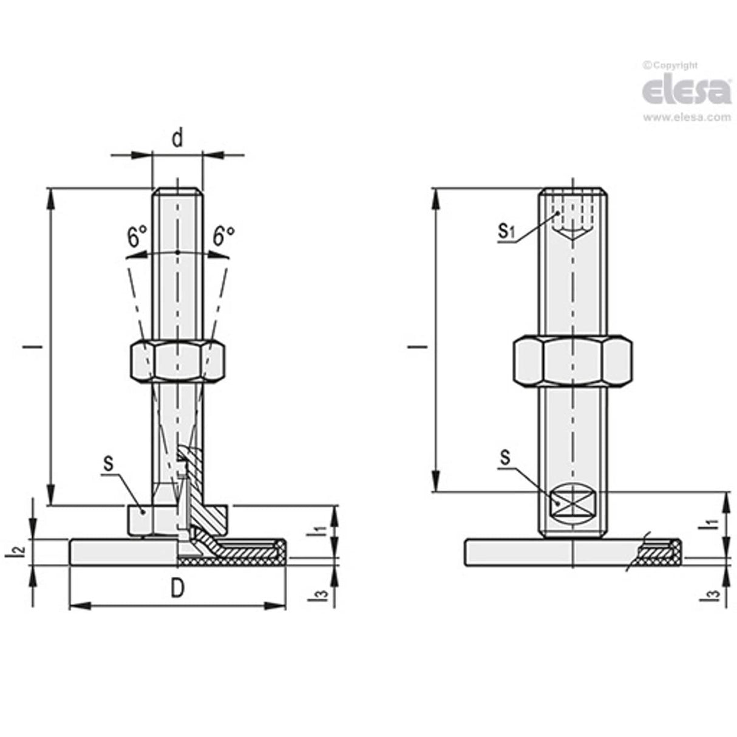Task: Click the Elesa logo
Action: tap(687, 91)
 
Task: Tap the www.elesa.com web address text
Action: tap(687, 118)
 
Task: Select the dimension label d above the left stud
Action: tap(177, 139)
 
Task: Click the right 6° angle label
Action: tap(223, 236)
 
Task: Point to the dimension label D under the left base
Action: tap(177, 588)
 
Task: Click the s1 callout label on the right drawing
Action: tap(506, 230)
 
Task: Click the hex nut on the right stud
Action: tap(572, 360)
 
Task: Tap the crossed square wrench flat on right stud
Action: tap(572, 502)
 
